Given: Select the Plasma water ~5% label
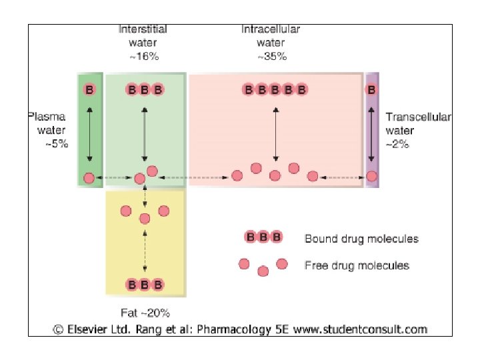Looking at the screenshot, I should (48, 131).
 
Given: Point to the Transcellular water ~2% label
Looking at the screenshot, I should (418, 131).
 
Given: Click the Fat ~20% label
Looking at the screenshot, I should (145, 312).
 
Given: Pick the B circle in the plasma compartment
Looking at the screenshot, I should (89, 89).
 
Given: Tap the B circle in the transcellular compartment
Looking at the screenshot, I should (371, 89).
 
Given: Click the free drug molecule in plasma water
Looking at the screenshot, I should (89, 177).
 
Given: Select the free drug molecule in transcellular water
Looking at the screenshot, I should (371, 177).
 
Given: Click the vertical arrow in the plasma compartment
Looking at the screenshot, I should (89, 133).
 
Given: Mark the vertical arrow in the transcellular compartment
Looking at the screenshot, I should (371, 133).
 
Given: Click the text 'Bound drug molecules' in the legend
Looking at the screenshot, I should (361, 238).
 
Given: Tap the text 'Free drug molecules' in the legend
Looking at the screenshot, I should (357, 265).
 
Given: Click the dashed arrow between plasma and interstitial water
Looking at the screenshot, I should (114, 178).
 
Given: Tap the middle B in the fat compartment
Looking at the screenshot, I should (145, 285).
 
